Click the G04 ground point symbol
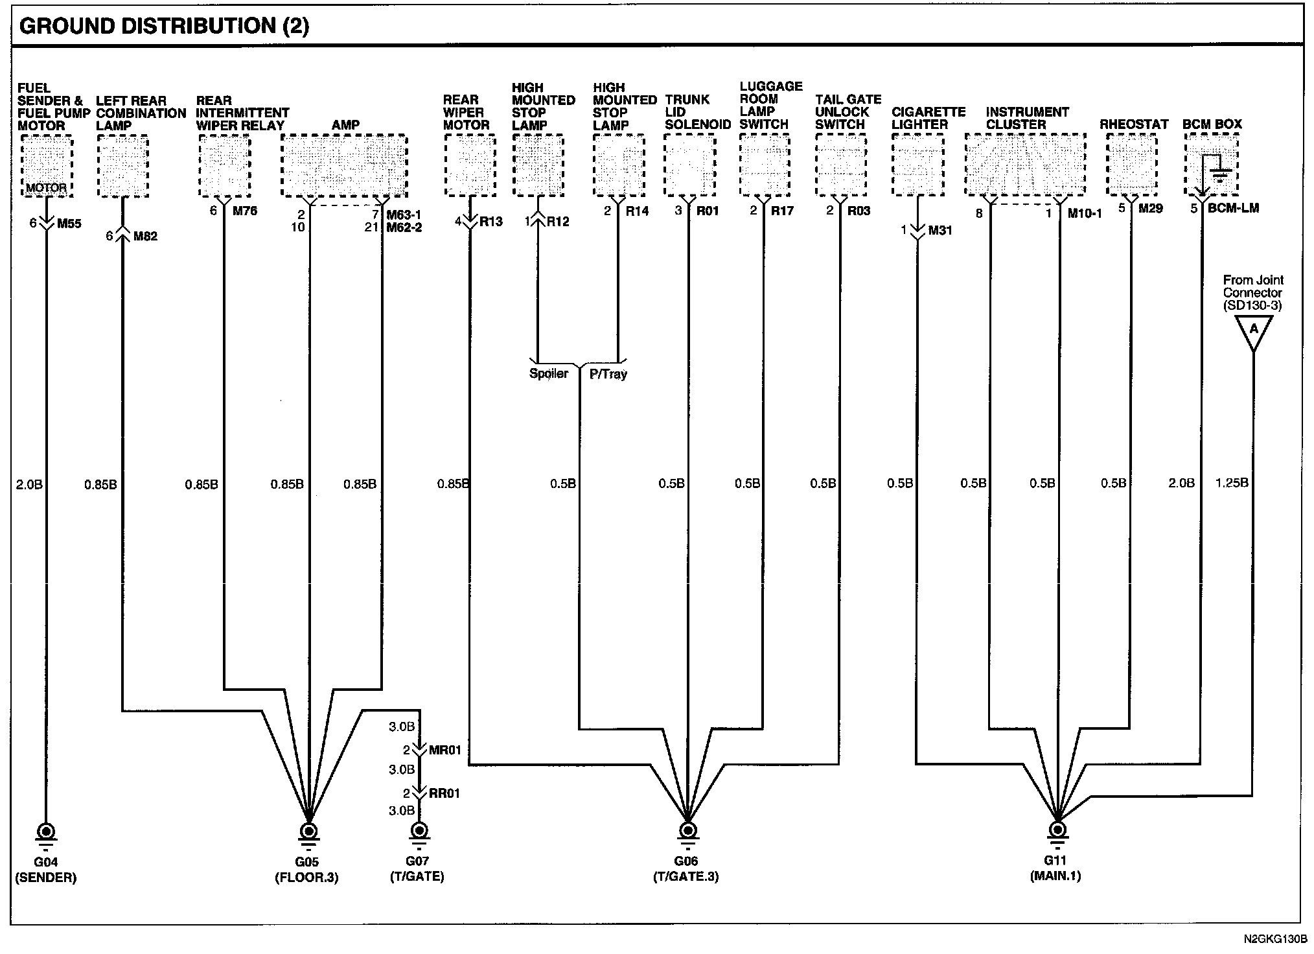pyautogui.click(x=46, y=832)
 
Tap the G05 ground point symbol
pyautogui.click(x=309, y=832)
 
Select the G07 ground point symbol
pyautogui.click(x=419, y=832)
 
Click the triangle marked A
pyautogui.click(x=1254, y=331)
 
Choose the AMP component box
pyautogui.click(x=344, y=165)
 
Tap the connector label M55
pyautogui.click(x=69, y=224)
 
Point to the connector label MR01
pyautogui.click(x=445, y=750)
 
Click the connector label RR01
pyautogui.click(x=444, y=793)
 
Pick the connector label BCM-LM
pyautogui.click(x=1234, y=209)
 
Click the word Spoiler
pyautogui.click(x=549, y=374)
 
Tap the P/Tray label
pyautogui.click(x=608, y=374)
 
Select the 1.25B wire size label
pyautogui.click(x=1232, y=483)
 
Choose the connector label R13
pyautogui.click(x=491, y=222)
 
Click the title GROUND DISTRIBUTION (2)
pyautogui.click(x=165, y=26)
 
